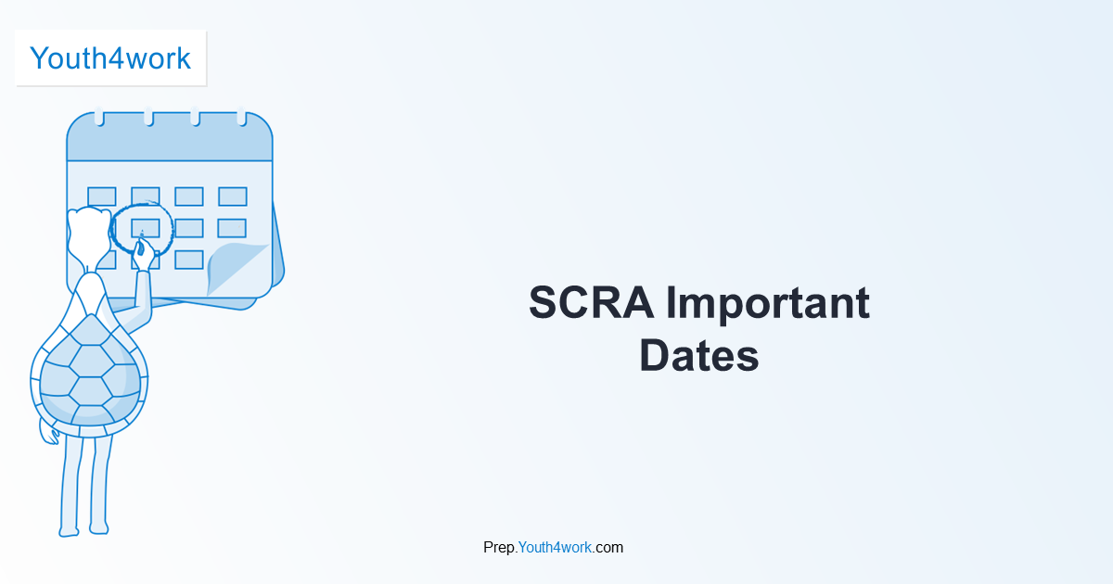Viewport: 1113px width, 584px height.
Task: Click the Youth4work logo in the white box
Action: (x=110, y=58)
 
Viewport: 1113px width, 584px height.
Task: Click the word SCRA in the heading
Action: (x=590, y=303)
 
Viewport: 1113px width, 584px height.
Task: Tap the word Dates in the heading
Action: (x=698, y=357)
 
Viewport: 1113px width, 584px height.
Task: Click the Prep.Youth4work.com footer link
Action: (x=553, y=547)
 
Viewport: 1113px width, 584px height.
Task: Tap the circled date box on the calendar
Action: (x=145, y=227)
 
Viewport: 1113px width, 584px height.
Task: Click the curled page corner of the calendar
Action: (x=237, y=269)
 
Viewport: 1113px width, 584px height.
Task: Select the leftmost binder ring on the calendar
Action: (x=99, y=118)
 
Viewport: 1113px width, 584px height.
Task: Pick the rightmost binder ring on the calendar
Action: (x=241, y=118)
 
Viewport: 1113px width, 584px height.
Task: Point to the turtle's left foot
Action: (x=69, y=531)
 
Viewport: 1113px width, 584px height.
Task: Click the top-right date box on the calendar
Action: (x=232, y=197)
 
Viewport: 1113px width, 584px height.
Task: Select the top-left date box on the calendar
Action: (x=101, y=197)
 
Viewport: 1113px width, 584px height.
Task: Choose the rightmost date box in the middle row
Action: (x=232, y=228)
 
